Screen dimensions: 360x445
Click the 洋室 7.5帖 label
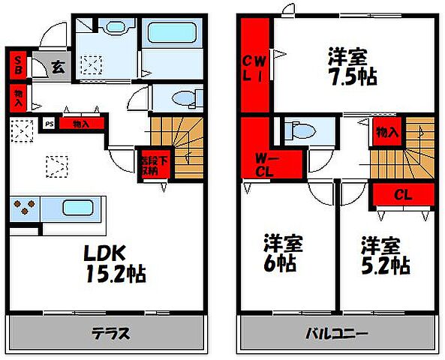coord(351,66)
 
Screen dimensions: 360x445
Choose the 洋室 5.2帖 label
coord(384,255)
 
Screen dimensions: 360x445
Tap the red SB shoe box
coord(18,64)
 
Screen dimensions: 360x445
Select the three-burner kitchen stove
coord(25,208)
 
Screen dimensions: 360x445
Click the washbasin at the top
coord(115,28)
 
